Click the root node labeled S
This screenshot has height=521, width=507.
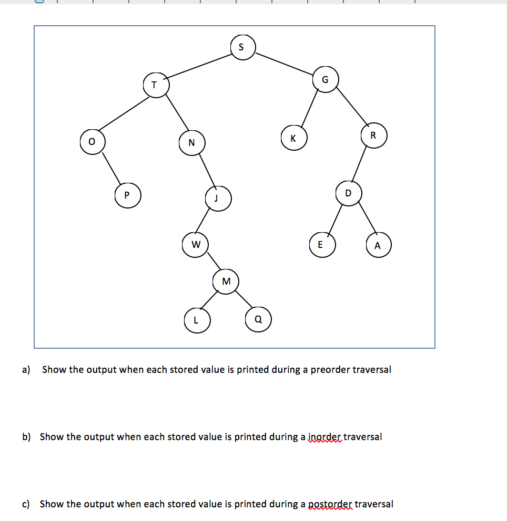point(242,46)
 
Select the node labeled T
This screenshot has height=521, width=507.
point(156,85)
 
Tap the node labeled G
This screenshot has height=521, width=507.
point(326,80)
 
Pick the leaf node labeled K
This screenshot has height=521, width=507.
point(293,138)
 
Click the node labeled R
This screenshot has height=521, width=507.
point(373,135)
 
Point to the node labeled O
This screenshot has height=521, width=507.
point(93,142)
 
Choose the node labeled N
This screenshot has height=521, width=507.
point(192,142)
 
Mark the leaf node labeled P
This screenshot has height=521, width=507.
point(127,195)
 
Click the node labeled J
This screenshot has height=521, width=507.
point(217,199)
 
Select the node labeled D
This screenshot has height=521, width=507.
point(348,193)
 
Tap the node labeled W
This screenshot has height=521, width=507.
point(196,244)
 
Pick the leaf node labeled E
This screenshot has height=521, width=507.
point(321,245)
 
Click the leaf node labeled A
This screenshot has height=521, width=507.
point(378,245)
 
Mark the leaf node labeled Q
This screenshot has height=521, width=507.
point(258,320)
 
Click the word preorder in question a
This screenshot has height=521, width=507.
point(330,369)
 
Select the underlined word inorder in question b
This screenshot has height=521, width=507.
point(324,436)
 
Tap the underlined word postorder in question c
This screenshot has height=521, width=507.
point(329,504)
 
